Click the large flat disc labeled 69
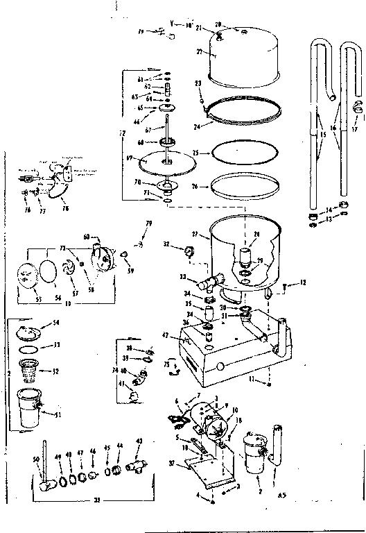point(166,164)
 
